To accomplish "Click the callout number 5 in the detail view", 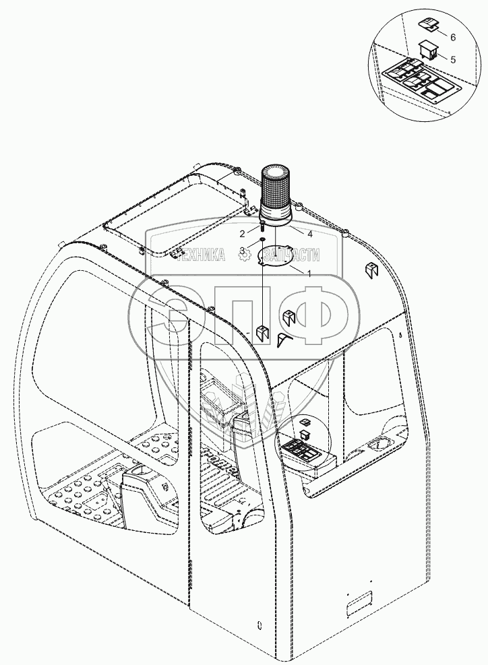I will pyautogui.click(x=452, y=59).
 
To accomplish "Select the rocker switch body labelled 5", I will pyautogui.click(x=427, y=49).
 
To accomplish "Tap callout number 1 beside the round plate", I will pyautogui.click(x=309, y=274).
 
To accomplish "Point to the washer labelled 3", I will pyautogui.click(x=262, y=241).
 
